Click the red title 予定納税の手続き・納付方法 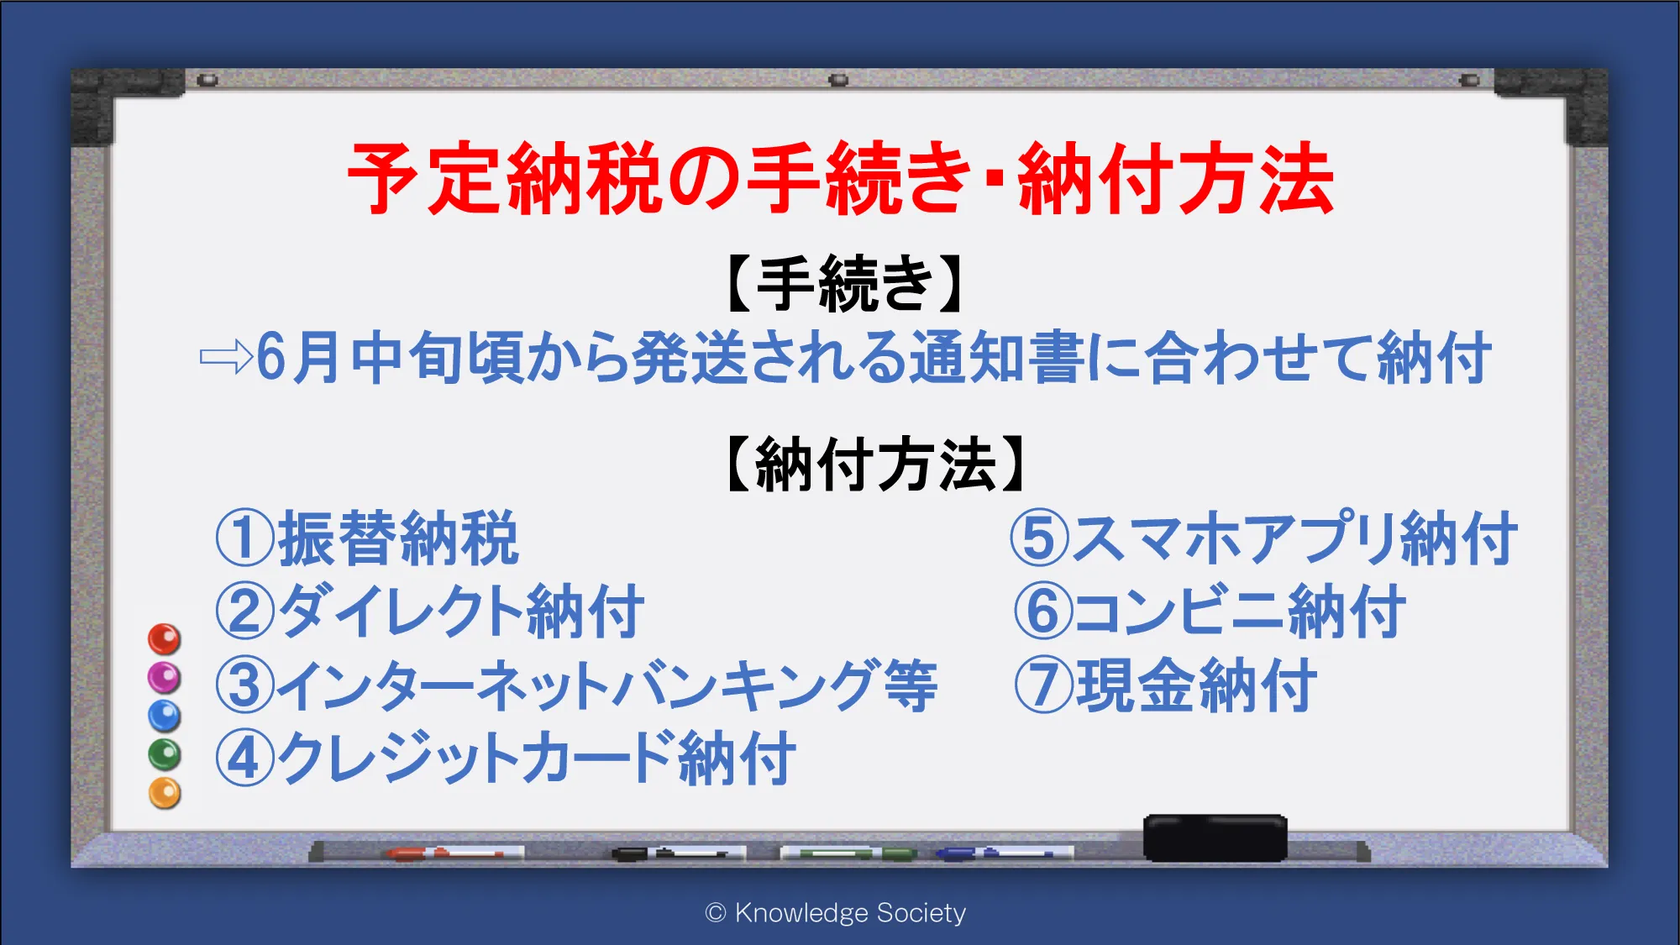tap(841, 178)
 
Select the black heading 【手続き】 tap(843, 284)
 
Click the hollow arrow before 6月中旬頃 tap(226, 357)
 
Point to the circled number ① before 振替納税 tap(244, 538)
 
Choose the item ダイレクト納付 tap(460, 612)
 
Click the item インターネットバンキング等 tap(606, 685)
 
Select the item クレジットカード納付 tap(536, 758)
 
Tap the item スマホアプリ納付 tap(1294, 538)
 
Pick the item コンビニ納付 tap(1239, 612)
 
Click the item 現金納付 tap(1196, 685)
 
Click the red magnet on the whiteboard tap(165, 639)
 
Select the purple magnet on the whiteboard tap(165, 678)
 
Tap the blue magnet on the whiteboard tap(165, 717)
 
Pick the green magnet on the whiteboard tap(165, 754)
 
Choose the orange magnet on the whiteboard tap(165, 793)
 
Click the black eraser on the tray tap(1215, 837)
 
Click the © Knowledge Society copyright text tap(836, 913)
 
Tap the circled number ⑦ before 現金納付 tap(1043, 685)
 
